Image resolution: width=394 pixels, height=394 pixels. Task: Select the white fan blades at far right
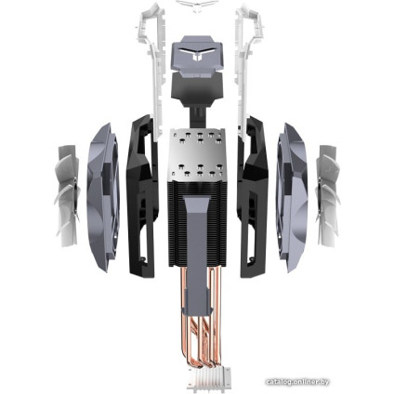(x=327, y=196)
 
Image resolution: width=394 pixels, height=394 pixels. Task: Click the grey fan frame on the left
(x=100, y=196)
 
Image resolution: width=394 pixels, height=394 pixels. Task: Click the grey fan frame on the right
(x=291, y=196)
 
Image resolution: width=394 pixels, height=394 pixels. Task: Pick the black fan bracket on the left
(x=139, y=196)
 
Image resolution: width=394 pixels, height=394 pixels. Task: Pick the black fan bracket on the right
(x=251, y=196)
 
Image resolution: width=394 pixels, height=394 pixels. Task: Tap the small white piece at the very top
(x=197, y=5)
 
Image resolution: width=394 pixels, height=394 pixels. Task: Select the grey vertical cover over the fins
(x=196, y=232)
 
